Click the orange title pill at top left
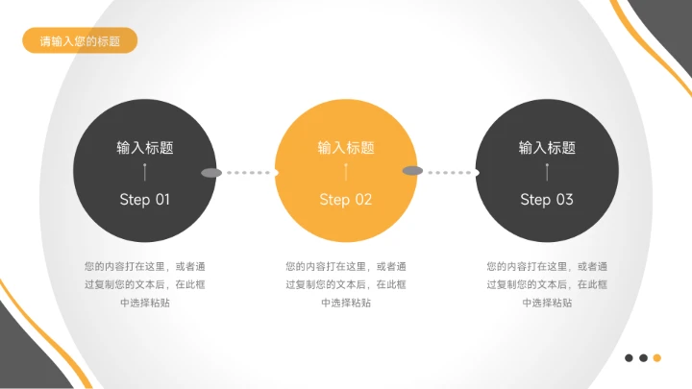point(80,40)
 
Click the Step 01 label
point(144,200)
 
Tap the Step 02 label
point(346,200)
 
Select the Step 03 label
point(547,200)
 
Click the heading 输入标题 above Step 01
point(145,148)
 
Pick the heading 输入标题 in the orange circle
point(346,148)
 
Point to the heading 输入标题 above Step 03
point(547,148)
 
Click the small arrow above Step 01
point(145,173)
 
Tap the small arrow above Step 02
point(346,173)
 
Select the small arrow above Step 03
point(547,173)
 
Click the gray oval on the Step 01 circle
point(211,173)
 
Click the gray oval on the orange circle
point(412,171)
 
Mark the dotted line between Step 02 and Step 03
point(450,174)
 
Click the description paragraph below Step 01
point(145,284)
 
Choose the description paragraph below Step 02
point(346,284)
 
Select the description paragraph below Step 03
point(547,284)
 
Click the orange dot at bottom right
point(657,357)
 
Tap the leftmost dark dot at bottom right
point(629,357)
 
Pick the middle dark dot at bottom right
point(643,357)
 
